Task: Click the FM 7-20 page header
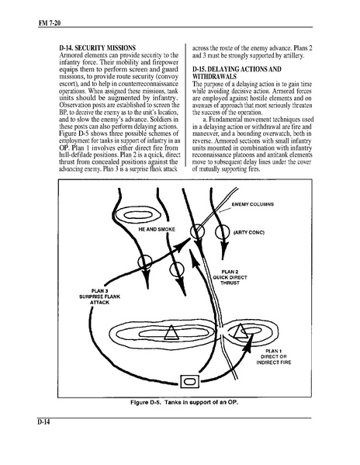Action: [49, 23]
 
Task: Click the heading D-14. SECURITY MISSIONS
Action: [98, 48]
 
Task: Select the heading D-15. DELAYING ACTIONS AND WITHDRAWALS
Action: [237, 73]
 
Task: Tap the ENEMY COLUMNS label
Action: [253, 204]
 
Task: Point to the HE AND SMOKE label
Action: [157, 229]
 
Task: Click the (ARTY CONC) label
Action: [249, 232]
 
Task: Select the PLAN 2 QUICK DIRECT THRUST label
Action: [230, 277]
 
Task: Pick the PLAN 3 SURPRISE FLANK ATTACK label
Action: [100, 297]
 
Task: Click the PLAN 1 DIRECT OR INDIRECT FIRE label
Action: [274, 357]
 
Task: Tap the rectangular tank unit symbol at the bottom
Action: [189, 381]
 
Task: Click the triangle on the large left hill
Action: [171, 332]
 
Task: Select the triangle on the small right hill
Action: [241, 331]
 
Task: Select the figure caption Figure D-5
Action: [185, 402]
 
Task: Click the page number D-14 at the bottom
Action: [43, 422]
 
